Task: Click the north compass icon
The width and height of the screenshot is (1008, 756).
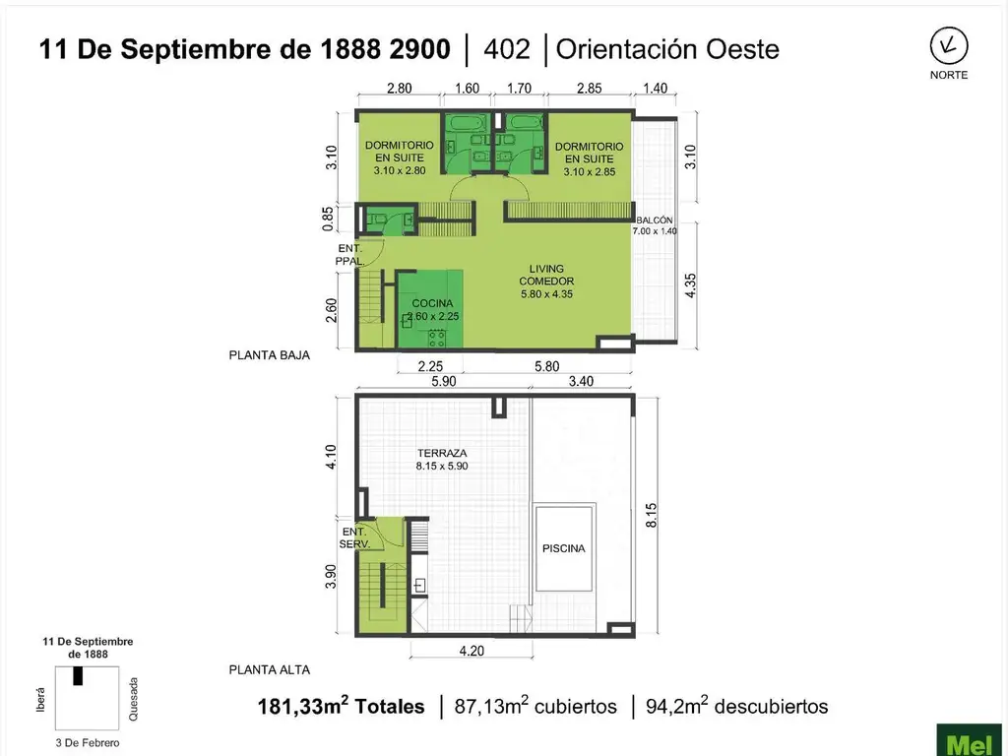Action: (948, 45)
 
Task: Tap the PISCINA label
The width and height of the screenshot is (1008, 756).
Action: (563, 548)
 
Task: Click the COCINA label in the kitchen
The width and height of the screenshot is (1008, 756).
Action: (432, 303)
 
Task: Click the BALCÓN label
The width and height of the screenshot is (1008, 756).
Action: (655, 220)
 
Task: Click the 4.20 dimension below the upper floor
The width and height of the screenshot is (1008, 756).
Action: (472, 650)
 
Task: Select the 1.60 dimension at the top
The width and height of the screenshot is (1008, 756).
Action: (467, 89)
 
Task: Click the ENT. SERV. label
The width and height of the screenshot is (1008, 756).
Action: (353, 537)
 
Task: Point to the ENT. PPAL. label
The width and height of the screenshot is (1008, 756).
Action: (348, 255)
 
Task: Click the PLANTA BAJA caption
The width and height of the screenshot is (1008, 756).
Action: (270, 356)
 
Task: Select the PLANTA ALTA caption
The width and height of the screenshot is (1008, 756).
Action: (270, 670)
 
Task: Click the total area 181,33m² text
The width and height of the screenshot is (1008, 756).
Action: (341, 707)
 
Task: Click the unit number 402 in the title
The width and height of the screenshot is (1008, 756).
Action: (508, 48)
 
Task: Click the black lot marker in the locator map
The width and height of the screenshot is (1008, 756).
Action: (78, 676)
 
